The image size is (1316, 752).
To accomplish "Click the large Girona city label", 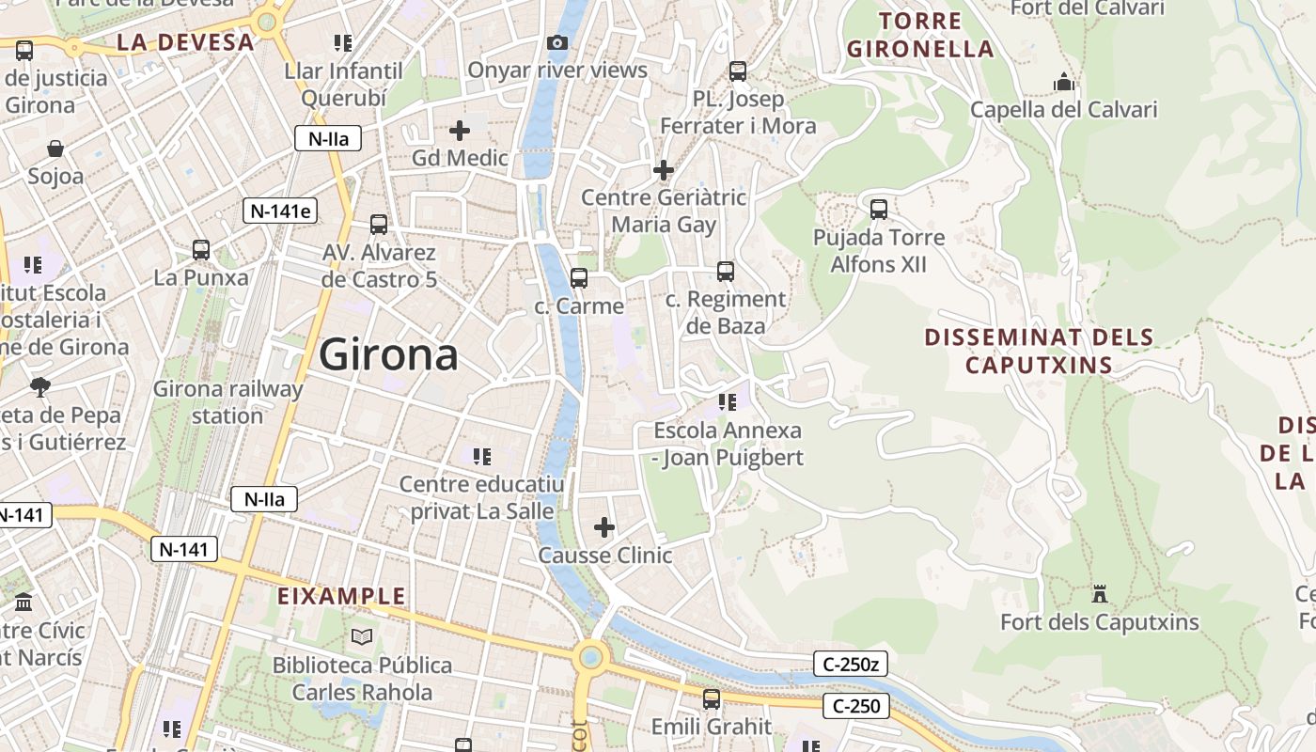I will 388,354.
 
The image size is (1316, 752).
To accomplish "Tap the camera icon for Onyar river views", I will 556,42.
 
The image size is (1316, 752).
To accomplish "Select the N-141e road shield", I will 280,211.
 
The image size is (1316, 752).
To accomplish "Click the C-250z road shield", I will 850,665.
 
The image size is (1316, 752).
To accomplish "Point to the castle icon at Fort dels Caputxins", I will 1099,593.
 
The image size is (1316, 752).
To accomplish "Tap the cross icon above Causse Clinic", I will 604,527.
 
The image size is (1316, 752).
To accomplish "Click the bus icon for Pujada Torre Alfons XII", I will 879,209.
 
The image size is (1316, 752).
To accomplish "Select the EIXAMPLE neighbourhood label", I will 342,596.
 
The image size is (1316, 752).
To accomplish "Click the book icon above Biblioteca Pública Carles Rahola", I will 362,637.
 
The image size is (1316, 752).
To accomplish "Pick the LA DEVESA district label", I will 186,42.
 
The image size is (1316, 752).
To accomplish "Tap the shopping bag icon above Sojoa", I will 55,149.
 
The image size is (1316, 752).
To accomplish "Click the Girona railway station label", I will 227,402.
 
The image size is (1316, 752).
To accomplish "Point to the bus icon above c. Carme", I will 579,278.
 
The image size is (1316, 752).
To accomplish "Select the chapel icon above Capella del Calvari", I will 1064,82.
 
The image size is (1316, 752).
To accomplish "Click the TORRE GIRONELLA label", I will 919,35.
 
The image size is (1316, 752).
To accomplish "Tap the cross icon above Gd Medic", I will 460,130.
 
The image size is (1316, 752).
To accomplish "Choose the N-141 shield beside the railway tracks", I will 184,549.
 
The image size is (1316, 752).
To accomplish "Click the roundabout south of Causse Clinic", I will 591,656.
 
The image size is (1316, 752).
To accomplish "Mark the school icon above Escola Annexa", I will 728,402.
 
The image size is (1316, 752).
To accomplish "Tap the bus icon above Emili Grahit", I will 712,698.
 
